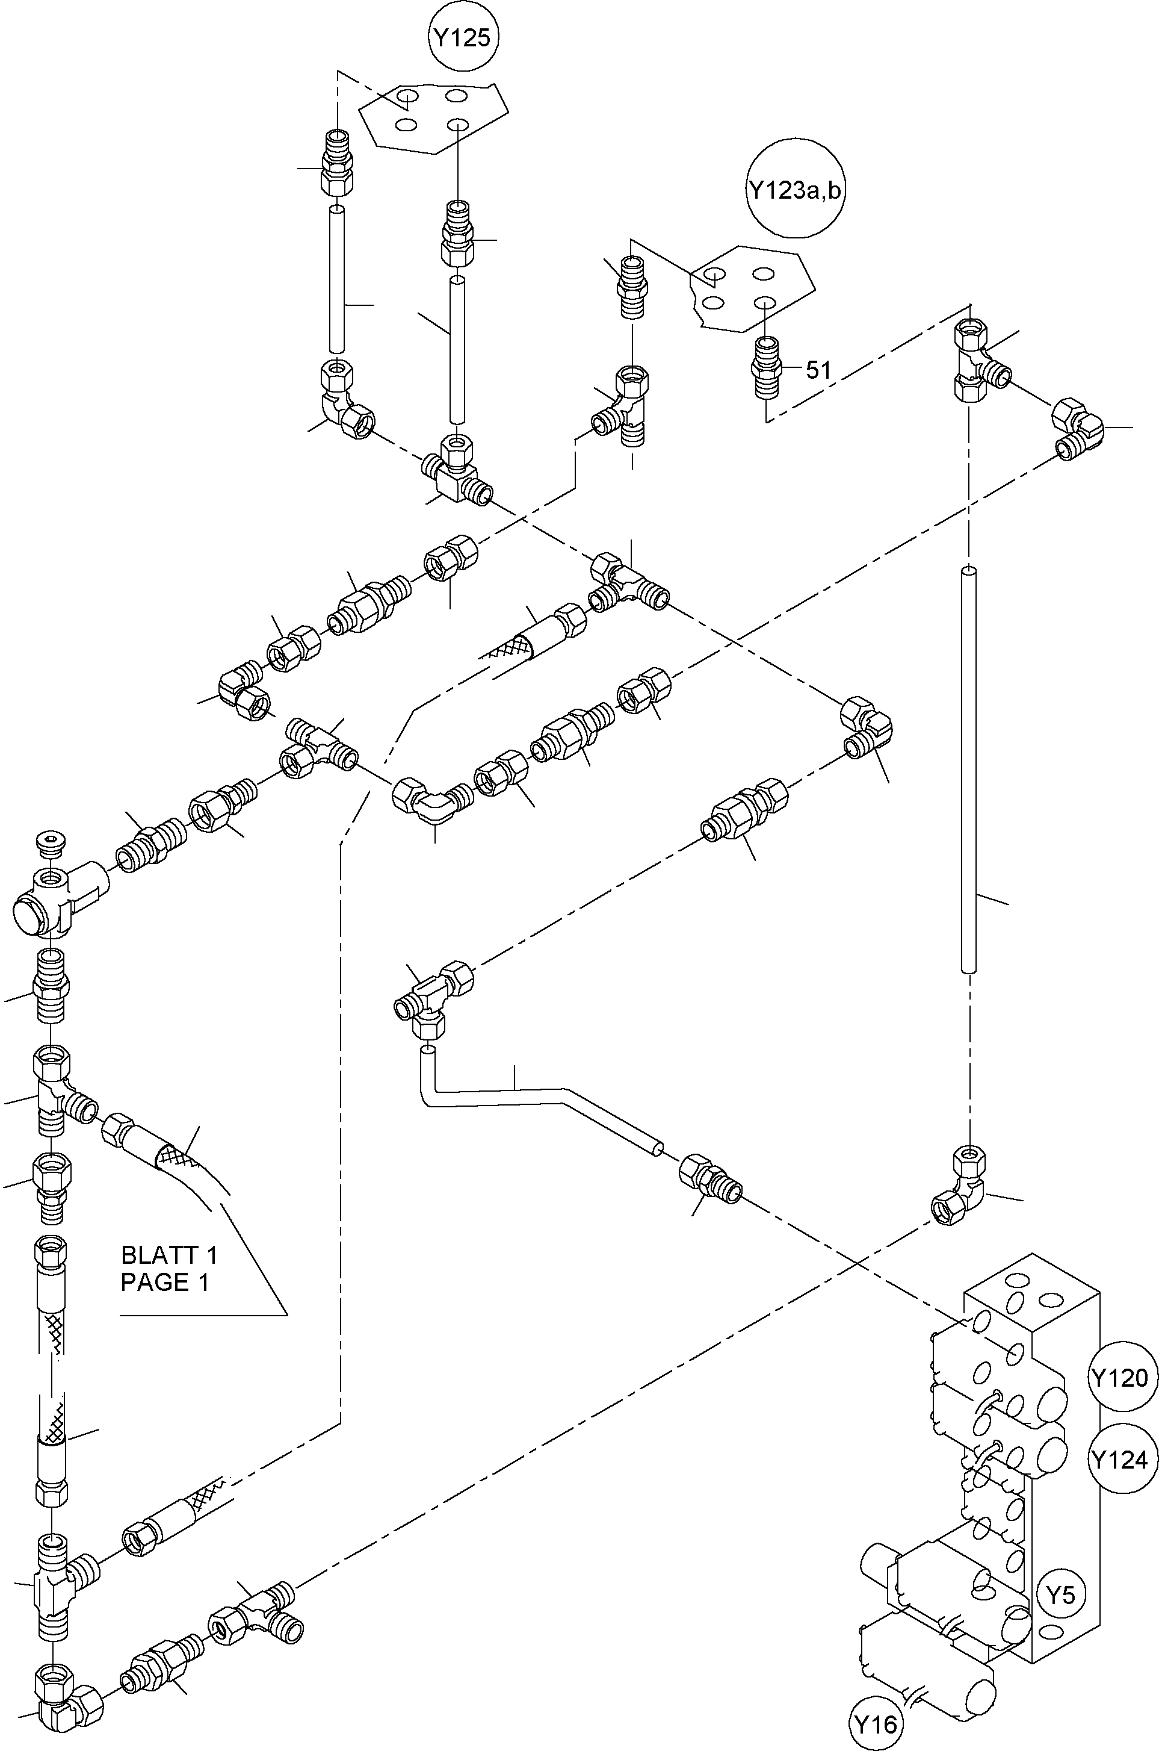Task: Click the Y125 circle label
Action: click(463, 37)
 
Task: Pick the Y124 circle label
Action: click(1120, 1460)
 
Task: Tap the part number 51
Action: click(818, 370)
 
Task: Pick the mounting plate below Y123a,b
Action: click(753, 288)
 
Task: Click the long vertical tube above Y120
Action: click(968, 769)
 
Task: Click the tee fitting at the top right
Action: click(980, 360)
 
